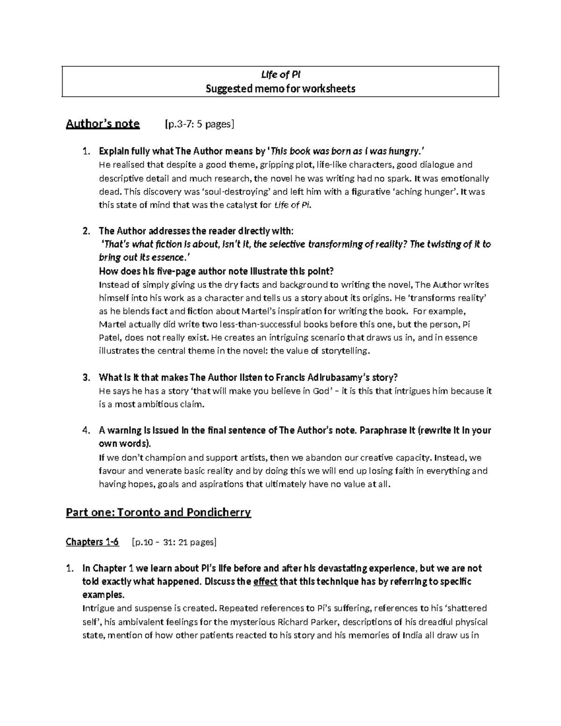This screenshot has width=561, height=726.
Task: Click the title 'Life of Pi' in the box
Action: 280,75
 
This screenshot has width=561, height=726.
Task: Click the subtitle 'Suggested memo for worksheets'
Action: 280,89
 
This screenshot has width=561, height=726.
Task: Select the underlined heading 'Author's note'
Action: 103,124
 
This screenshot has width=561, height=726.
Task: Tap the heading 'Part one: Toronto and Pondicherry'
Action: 158,512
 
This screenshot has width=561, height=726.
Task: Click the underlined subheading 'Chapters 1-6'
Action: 93,542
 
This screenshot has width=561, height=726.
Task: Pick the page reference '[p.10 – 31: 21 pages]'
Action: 174,542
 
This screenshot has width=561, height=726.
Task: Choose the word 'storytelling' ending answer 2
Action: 344,351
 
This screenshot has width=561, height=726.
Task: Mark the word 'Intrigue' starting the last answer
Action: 98,609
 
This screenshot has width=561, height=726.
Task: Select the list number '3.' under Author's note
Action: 86,378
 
